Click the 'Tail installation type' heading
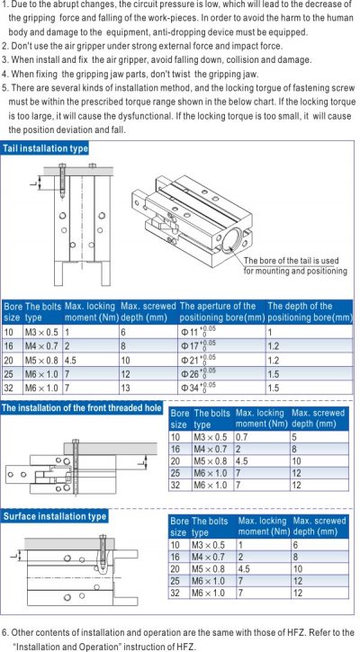coord(45,149)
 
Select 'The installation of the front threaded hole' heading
coord(81,408)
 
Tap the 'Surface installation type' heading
coord(55,516)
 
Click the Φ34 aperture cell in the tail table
coord(198,388)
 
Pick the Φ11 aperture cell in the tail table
coord(198,332)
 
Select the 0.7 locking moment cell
coord(241,437)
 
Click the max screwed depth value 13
coord(125,388)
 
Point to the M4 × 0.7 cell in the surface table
coord(208,557)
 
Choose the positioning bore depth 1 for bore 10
coord(270,332)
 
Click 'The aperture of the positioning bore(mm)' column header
coord(221,312)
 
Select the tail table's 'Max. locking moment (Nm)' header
coord(91,312)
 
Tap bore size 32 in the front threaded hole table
coord(175,485)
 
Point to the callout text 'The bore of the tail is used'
coord(292,261)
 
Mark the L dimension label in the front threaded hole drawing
coord(140,460)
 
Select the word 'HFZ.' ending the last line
coord(186,647)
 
